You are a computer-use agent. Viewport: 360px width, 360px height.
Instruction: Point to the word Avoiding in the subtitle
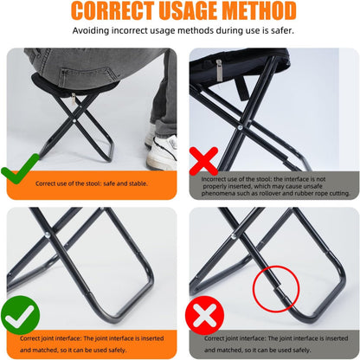pyautogui.click(x=91, y=30)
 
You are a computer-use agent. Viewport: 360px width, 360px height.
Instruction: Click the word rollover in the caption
pyautogui.click(x=280, y=193)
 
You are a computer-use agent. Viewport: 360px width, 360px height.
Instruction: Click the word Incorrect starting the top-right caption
pyautogui.click(x=215, y=179)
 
